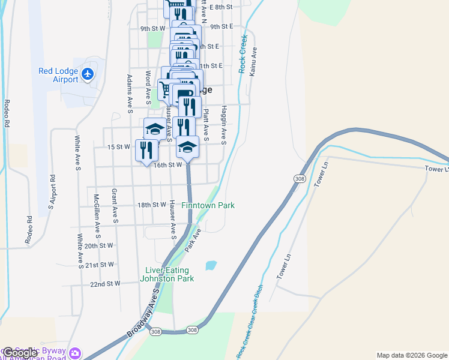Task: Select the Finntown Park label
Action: click(x=208, y=205)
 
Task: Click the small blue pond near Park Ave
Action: click(x=211, y=265)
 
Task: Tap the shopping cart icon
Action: click(x=165, y=90)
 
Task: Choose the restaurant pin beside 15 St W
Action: click(x=146, y=151)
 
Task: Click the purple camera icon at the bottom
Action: click(x=75, y=352)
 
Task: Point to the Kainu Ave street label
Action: click(x=253, y=61)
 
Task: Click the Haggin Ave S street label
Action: click(x=223, y=127)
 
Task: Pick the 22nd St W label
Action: click(x=105, y=283)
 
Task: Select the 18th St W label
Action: click(x=151, y=205)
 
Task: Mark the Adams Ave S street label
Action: click(x=129, y=94)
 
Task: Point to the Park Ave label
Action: click(x=191, y=239)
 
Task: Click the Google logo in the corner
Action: click(x=19, y=353)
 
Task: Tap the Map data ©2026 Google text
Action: click(x=412, y=355)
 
